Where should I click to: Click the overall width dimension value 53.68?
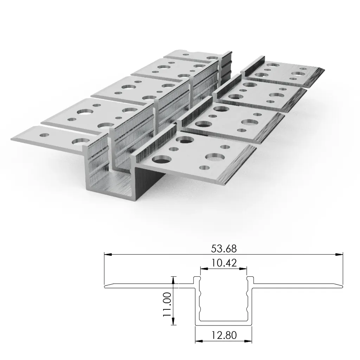click(x=224, y=249)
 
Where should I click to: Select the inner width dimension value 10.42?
click(x=224, y=262)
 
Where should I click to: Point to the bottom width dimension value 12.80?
click(x=224, y=335)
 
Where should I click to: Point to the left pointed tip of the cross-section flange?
click(x=105, y=286)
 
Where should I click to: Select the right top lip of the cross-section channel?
click(x=250, y=279)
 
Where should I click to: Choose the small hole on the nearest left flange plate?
click(x=44, y=135)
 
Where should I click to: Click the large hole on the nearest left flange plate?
click(x=78, y=142)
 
